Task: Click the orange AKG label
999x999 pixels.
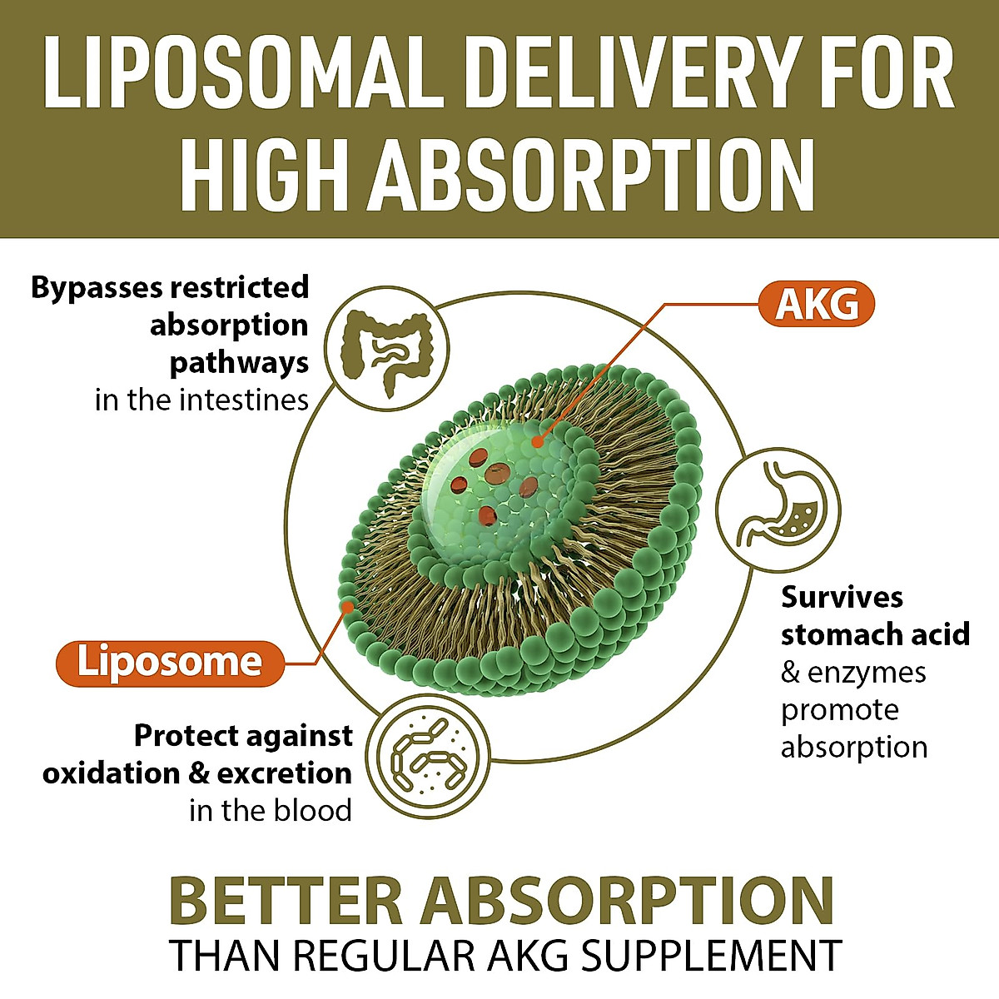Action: tap(817, 305)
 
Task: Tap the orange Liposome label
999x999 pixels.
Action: tap(169, 663)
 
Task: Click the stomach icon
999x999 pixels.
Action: tap(779, 509)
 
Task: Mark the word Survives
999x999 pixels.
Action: tap(842, 597)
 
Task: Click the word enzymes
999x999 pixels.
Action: tap(867, 672)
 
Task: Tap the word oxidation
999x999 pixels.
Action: tap(112, 773)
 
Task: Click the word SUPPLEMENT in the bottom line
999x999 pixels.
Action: tap(711, 955)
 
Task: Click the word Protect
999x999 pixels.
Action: tap(185, 736)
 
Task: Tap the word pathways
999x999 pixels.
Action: tap(239, 363)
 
